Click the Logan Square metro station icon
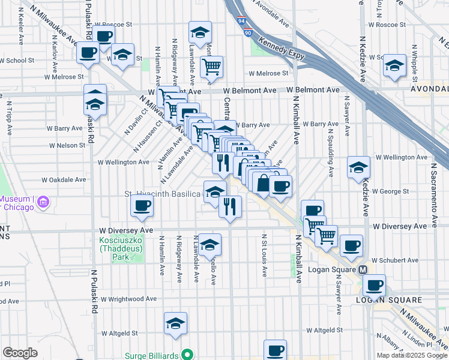(x=363, y=271)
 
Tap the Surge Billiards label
(x=153, y=355)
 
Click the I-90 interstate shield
(x=248, y=34)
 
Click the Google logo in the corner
(x=20, y=353)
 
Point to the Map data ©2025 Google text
(x=412, y=355)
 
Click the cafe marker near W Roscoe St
(x=103, y=35)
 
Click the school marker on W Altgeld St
(x=175, y=323)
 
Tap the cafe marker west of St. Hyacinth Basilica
(x=142, y=206)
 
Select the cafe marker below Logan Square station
(x=375, y=285)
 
